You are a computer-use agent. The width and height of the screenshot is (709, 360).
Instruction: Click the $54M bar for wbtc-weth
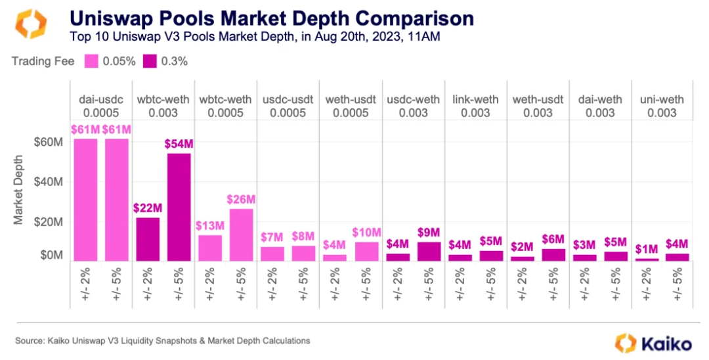(x=179, y=207)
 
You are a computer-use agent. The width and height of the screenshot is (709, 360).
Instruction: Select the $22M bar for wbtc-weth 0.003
(x=148, y=239)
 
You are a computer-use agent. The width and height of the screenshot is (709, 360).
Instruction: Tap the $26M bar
(x=242, y=235)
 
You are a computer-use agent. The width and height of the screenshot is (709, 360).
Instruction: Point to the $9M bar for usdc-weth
(x=429, y=251)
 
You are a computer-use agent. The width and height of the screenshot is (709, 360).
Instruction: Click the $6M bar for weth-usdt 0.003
(x=553, y=254)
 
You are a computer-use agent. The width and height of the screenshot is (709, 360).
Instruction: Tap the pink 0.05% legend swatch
(x=91, y=62)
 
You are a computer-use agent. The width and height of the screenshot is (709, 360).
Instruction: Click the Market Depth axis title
(x=19, y=190)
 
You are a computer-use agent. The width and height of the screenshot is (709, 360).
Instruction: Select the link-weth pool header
(x=475, y=100)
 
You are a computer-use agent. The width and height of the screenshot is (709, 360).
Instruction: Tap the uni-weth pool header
(x=661, y=100)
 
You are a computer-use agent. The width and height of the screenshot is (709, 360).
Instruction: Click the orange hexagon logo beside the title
(x=30, y=24)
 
